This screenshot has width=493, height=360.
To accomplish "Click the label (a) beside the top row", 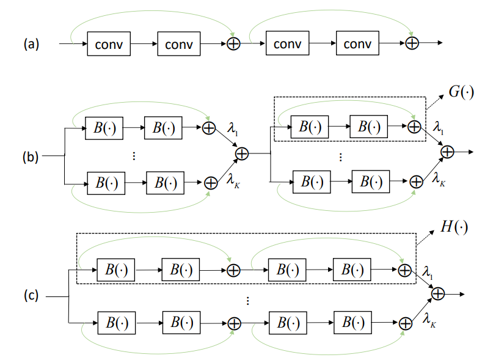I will pyautogui.click(x=31, y=44).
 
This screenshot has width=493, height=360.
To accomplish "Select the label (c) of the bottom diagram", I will pyautogui.click(x=31, y=297).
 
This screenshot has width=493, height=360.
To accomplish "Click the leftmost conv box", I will pyautogui.click(x=109, y=44).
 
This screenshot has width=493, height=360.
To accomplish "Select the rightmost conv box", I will pyautogui.click(x=357, y=44).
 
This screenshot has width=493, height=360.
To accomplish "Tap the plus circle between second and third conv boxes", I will pyautogui.click(x=232, y=44).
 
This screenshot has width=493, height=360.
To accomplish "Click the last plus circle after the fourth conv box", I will pyautogui.click(x=412, y=44).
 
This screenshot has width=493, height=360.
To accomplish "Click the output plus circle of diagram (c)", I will pyautogui.click(x=438, y=294).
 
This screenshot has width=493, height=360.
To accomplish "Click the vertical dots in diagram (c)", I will pyautogui.click(x=247, y=300).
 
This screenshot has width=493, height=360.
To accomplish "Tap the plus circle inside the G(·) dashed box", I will pyautogui.click(x=414, y=127).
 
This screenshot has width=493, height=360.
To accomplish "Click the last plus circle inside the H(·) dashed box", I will pyautogui.click(x=403, y=269).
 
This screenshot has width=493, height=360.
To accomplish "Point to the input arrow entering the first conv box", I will pyautogui.click(x=73, y=44).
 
